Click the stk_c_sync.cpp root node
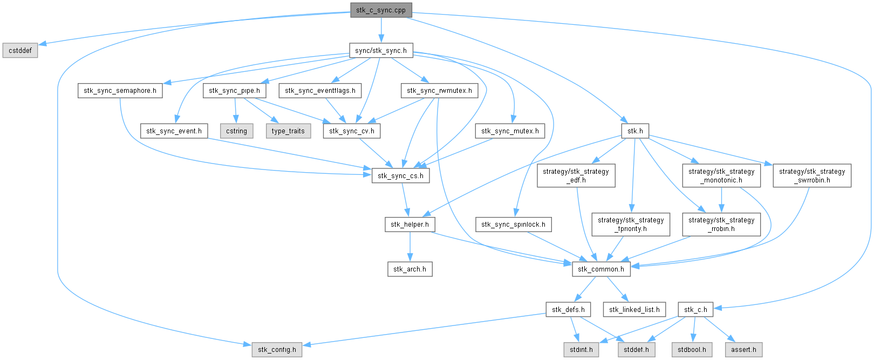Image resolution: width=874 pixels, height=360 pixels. coord(381,10)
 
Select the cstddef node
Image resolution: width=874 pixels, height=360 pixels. coord(20,51)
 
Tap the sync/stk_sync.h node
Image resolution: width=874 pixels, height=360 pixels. coord(381,51)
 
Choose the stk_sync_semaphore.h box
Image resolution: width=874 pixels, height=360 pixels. coord(120,91)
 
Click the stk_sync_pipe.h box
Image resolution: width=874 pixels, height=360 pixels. coord(234,91)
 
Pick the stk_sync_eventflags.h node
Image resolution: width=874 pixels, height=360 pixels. coord(320,91)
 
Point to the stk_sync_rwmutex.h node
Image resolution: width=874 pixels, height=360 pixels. coord(439,91)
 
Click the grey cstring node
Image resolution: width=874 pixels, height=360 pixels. coord(236,131)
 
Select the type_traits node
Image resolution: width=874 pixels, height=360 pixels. coord(288,131)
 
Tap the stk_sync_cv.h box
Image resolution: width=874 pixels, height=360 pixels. coord(352,131)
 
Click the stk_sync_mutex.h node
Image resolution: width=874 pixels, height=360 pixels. coord(510,131)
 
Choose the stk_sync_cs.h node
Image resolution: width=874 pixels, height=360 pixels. coord(400,175)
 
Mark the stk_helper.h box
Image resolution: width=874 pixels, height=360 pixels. coord(409,225)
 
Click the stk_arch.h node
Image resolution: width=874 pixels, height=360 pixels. coord(409,269)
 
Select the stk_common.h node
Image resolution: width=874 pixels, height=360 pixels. coord(601,269)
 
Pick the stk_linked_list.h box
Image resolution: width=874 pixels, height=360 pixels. coord(634,309)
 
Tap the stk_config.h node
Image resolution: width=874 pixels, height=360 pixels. coord(277,349)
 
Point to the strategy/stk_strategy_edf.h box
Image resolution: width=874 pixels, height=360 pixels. coord(576,175)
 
